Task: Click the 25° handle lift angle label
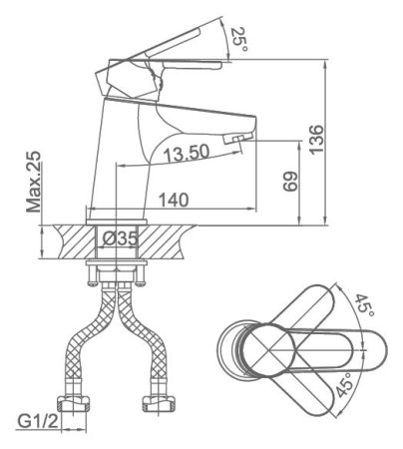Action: click(x=239, y=39)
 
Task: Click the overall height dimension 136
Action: click(x=316, y=140)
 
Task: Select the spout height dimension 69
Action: click(x=290, y=182)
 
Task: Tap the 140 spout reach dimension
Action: click(x=174, y=200)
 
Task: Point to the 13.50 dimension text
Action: click(x=187, y=153)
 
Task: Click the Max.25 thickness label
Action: click(x=34, y=182)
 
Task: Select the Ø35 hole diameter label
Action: click(x=120, y=238)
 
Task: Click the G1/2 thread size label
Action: click(x=38, y=422)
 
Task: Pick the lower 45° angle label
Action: click(x=344, y=385)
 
